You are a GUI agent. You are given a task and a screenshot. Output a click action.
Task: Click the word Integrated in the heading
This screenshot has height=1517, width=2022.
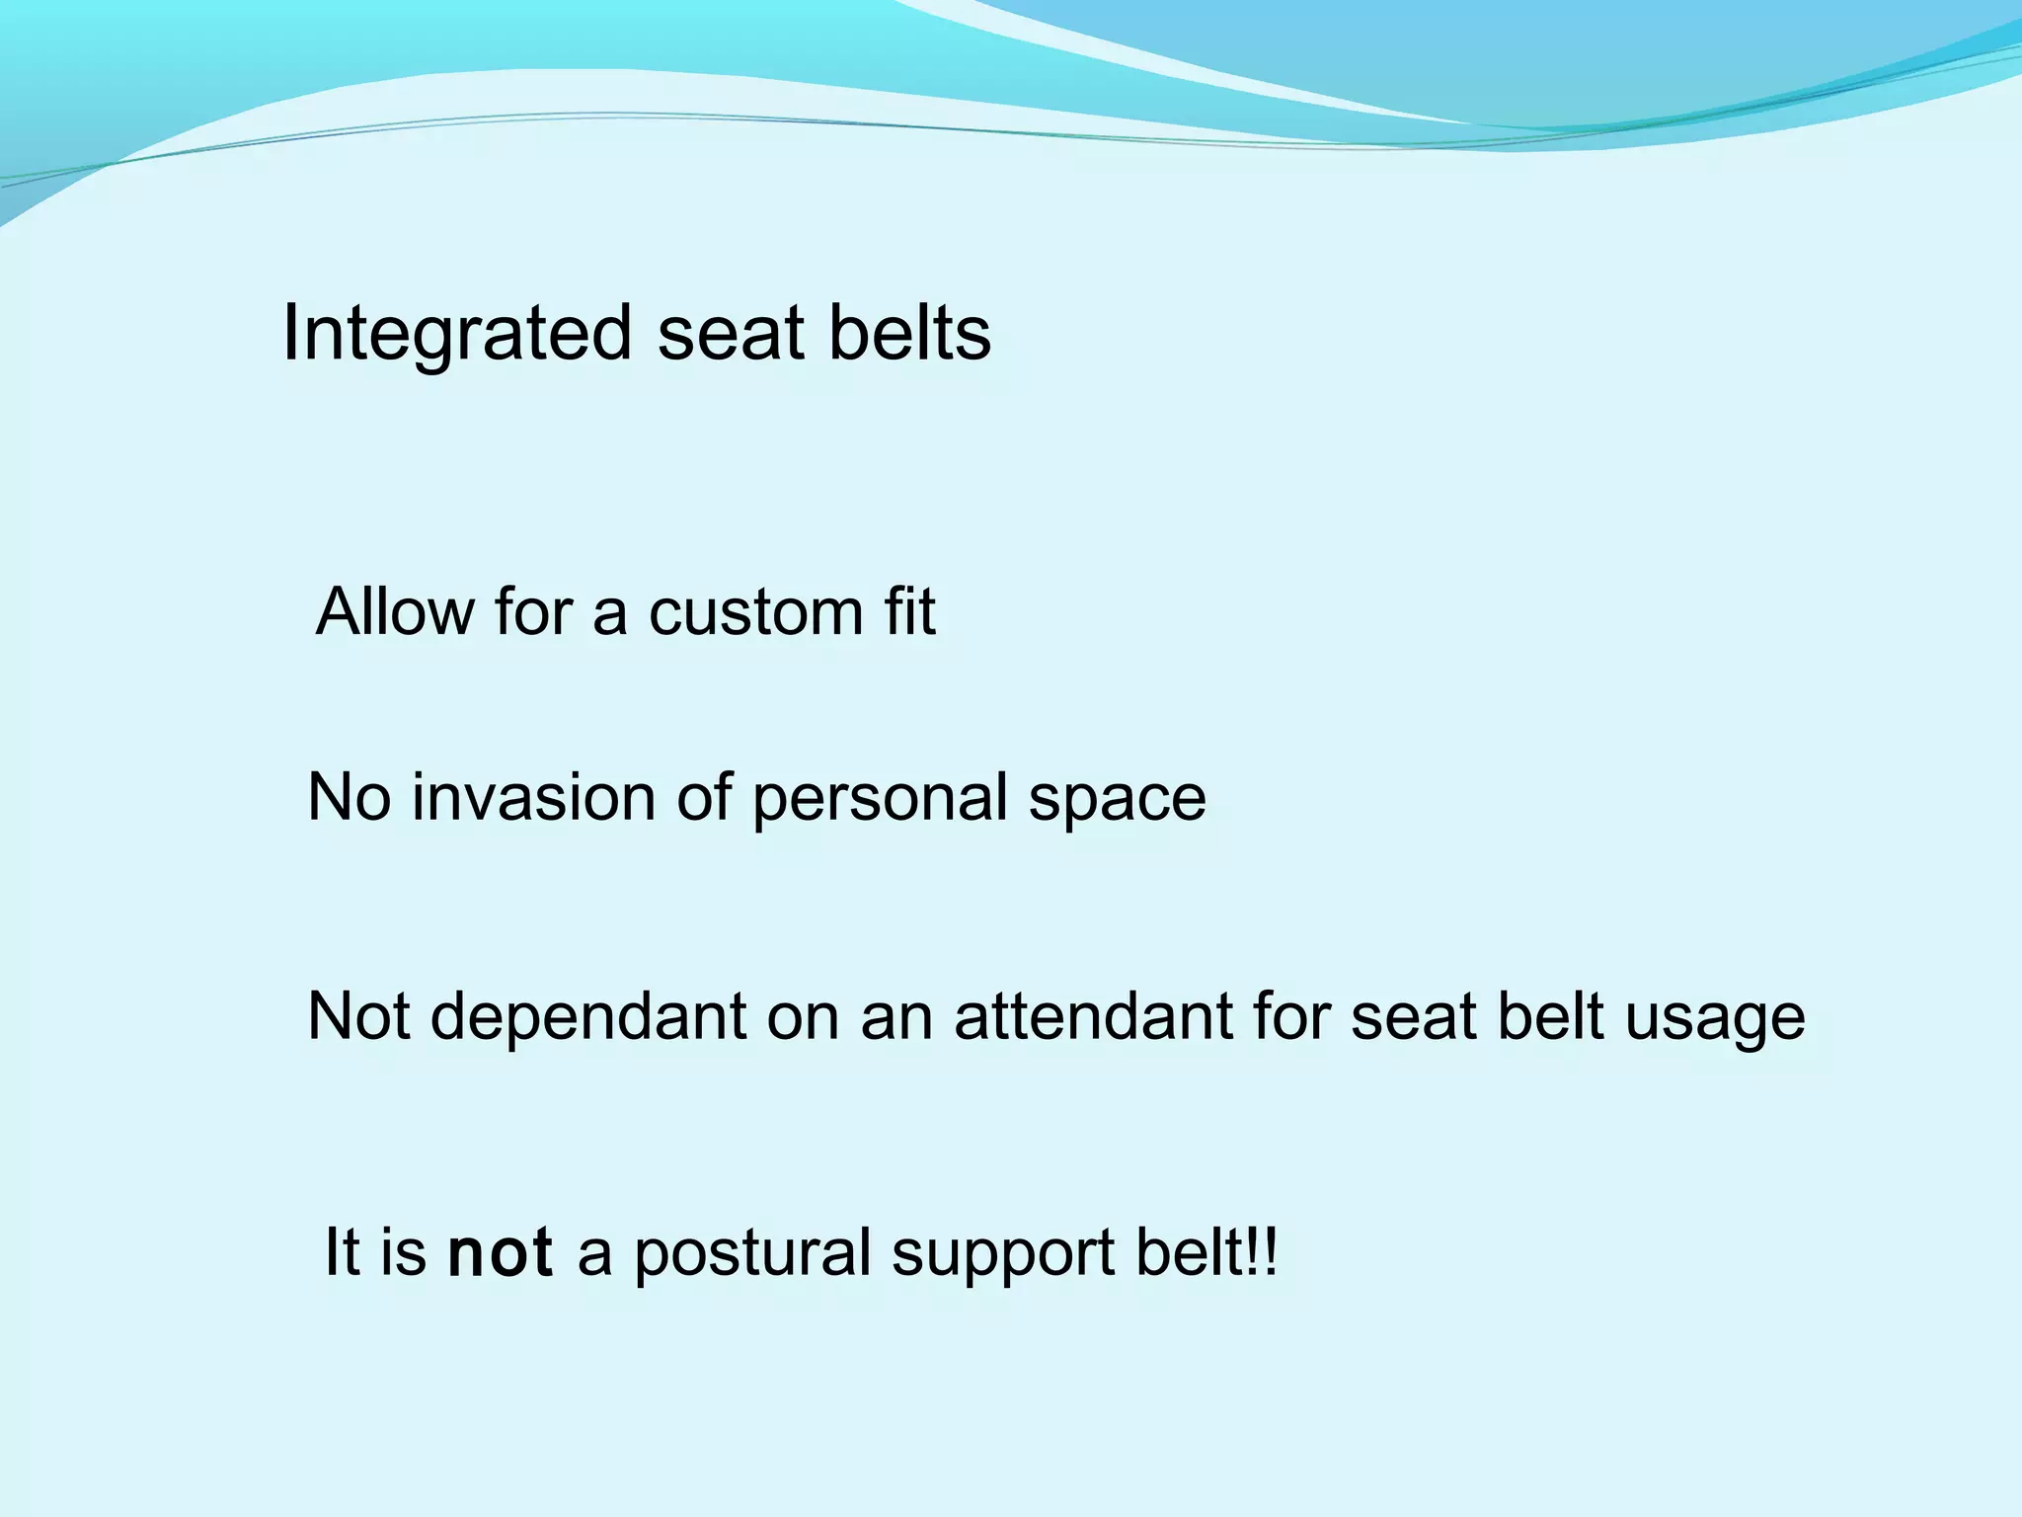tap(456, 334)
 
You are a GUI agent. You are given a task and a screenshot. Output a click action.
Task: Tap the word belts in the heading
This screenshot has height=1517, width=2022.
tap(908, 334)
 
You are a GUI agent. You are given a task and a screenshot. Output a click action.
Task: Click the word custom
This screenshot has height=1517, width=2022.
tap(755, 611)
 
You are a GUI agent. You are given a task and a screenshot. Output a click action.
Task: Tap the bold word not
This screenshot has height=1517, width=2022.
tap(500, 1252)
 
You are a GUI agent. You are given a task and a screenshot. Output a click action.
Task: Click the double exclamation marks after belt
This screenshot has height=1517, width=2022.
tap(1265, 1252)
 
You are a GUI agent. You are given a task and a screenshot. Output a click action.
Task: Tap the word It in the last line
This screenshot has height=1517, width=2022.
tap(342, 1252)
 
